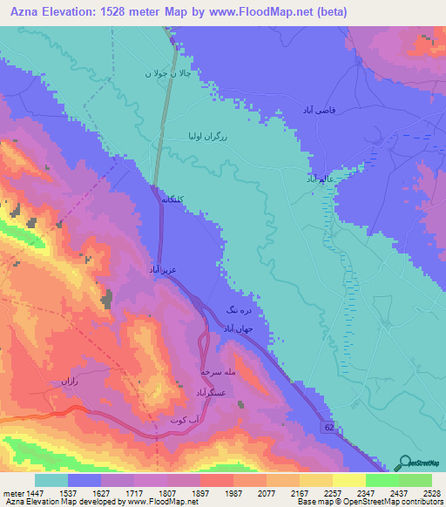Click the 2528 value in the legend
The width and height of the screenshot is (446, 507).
pos(430,492)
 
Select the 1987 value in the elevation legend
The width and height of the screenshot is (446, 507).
pos(233,492)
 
